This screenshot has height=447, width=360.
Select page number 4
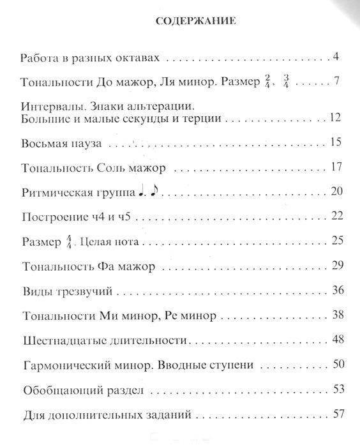pyautogui.click(x=335, y=57)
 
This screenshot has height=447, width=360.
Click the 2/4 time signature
pyautogui.click(x=267, y=82)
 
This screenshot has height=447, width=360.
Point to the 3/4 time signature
pyautogui.click(x=285, y=82)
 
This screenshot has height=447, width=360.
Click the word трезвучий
pyautogui.click(x=89, y=291)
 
